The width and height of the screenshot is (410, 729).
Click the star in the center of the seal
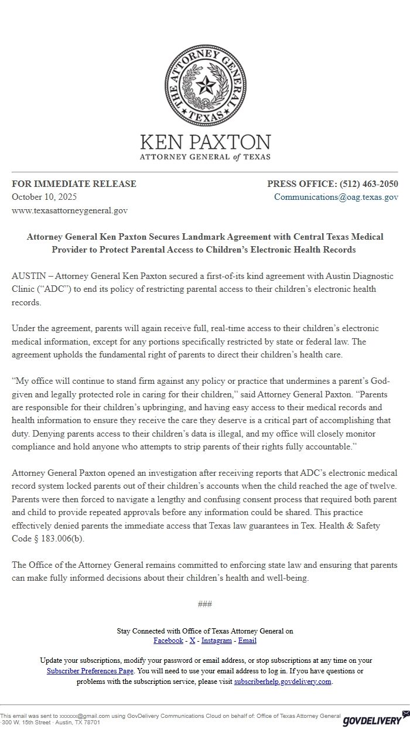coord(205,87)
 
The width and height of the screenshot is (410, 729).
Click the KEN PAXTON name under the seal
coord(205,142)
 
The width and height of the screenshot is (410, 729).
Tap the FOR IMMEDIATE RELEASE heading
coord(74,184)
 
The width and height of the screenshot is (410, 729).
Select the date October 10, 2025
coord(44,197)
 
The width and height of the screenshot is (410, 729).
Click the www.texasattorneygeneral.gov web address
coord(70,210)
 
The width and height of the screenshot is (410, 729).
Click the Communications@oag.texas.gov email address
coord(336,197)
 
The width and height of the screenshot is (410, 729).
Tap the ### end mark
coord(205,604)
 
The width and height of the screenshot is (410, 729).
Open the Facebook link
coord(168,641)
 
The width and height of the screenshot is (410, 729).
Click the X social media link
coord(193,641)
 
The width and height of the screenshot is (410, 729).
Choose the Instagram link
coord(217,641)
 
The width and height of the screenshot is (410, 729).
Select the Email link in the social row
coord(247,641)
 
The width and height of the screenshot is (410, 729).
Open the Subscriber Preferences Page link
coord(90,671)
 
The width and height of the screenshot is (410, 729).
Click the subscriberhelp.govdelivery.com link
coord(283,682)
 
